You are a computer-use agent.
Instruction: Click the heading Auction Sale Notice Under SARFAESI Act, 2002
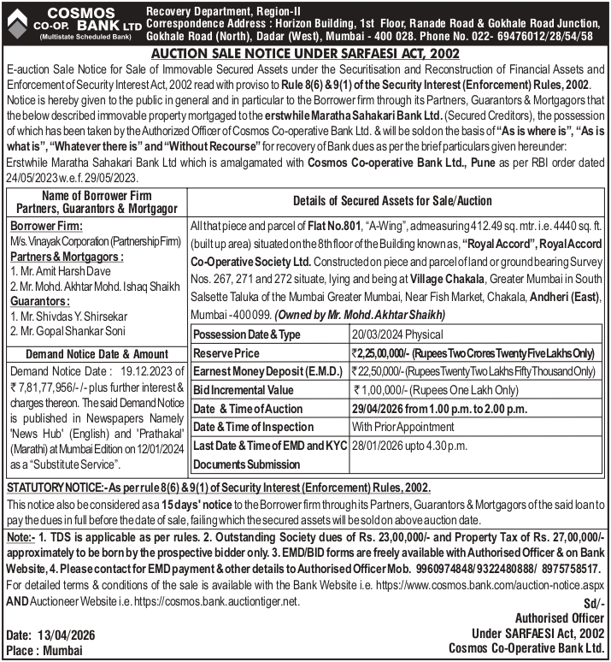coord(305,53)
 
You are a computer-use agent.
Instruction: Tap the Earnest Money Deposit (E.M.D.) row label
coord(267,371)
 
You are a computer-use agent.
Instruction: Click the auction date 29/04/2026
coord(382,409)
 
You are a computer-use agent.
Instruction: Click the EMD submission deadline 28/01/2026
coord(381,446)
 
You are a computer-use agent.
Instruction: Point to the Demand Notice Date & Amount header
coord(97,353)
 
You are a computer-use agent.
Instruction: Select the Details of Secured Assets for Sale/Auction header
coord(392,201)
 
